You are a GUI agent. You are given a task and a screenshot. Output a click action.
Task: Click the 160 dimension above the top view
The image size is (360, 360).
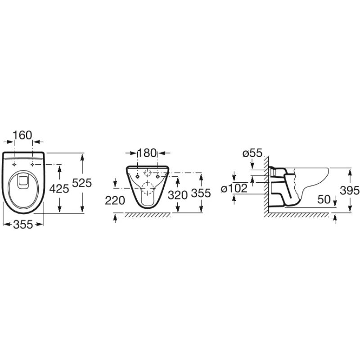coord(22,135)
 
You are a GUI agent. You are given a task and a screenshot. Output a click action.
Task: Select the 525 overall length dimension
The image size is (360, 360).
coord(82,183)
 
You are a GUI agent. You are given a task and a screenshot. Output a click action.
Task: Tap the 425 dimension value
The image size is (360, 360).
coord(59,189)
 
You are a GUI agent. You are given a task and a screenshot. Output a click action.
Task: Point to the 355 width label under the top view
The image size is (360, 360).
coord(23,224)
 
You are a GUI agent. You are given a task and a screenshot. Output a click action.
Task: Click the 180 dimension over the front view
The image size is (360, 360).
coord(147,153)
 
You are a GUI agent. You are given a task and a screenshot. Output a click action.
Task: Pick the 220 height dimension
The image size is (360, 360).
coord(115,200)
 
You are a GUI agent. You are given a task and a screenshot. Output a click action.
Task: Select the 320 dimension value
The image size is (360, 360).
coord(177,195)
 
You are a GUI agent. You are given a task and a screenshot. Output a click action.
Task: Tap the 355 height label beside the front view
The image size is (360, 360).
coord(201,193)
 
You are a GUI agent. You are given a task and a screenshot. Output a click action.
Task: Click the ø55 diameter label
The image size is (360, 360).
coord(252,153)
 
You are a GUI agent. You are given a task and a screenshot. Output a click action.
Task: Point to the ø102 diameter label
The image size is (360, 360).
coord(234,189)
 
